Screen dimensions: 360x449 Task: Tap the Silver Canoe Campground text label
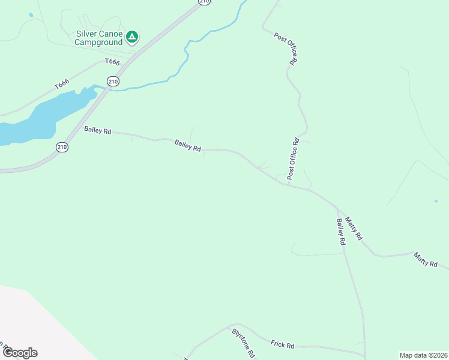(x=99, y=38)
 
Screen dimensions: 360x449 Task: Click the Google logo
(x=20, y=353)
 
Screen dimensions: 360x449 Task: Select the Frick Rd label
(x=282, y=344)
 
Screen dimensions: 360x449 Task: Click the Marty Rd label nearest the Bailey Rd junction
(x=354, y=229)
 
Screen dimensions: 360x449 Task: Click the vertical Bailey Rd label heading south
(x=341, y=232)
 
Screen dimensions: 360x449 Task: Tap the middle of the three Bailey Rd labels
(x=188, y=145)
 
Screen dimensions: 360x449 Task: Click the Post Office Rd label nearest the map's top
(x=286, y=48)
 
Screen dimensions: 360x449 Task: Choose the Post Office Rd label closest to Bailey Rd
(x=293, y=159)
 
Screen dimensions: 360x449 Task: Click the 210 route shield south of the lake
(x=62, y=147)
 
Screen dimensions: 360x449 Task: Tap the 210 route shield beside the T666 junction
(x=113, y=81)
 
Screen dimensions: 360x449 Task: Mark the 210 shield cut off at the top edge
(x=205, y=2)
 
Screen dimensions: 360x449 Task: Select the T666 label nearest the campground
(x=113, y=62)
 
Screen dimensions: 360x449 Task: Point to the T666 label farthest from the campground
(x=62, y=85)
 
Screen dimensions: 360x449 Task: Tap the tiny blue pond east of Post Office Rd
(x=436, y=201)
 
